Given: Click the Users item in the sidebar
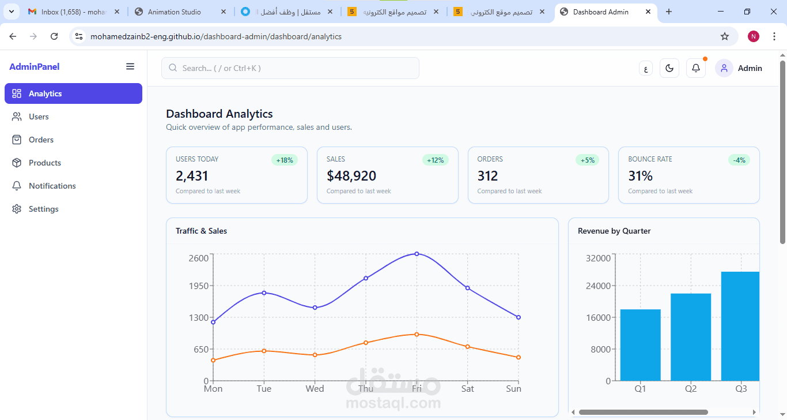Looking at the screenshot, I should [39, 117].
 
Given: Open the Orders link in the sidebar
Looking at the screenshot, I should [41, 140].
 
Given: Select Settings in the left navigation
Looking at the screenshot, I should [43, 209].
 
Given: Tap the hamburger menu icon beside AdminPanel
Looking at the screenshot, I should [130, 67].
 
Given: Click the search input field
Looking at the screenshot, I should [290, 68].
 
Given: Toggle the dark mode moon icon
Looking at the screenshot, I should [669, 68].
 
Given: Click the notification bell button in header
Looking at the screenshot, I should [696, 68].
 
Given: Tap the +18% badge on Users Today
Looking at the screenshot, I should [285, 160].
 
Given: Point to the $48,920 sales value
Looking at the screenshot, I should [351, 176].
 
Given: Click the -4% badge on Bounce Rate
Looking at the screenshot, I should [739, 160].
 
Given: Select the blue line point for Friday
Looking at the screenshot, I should [417, 254].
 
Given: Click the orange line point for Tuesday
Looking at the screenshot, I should [264, 351].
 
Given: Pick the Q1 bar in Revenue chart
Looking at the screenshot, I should [640, 345].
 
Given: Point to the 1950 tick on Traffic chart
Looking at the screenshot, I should [198, 286].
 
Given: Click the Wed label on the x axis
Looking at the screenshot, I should [315, 389].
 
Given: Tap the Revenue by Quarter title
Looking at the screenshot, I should [614, 231].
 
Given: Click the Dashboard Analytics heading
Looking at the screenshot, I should [220, 114].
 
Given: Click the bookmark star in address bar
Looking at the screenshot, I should [725, 36].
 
